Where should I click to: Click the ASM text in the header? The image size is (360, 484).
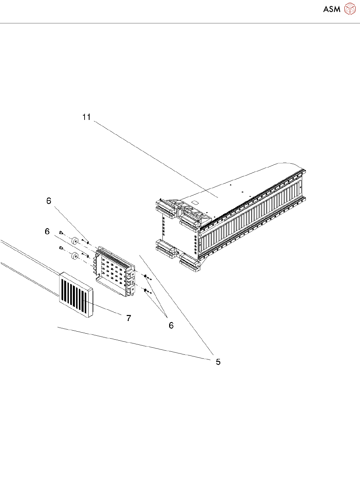(x=332, y=9)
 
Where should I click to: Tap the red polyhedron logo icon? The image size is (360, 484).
(x=350, y=9)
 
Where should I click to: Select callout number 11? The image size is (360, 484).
(x=87, y=117)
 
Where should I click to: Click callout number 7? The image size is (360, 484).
(x=129, y=318)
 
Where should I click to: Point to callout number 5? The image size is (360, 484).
(x=218, y=362)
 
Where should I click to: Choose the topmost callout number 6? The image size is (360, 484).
(x=49, y=201)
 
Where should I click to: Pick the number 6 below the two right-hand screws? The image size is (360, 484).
(x=171, y=325)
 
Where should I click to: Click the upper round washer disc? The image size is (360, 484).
(x=75, y=240)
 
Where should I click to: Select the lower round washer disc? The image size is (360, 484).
(x=75, y=256)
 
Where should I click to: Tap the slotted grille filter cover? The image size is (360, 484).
(x=76, y=294)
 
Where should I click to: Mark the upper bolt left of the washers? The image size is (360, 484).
(x=61, y=232)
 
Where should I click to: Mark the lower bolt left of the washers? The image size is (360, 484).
(x=61, y=248)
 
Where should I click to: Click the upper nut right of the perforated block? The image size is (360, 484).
(x=146, y=276)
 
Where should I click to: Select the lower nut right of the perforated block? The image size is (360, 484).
(x=146, y=291)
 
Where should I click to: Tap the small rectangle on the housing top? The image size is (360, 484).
(x=196, y=203)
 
